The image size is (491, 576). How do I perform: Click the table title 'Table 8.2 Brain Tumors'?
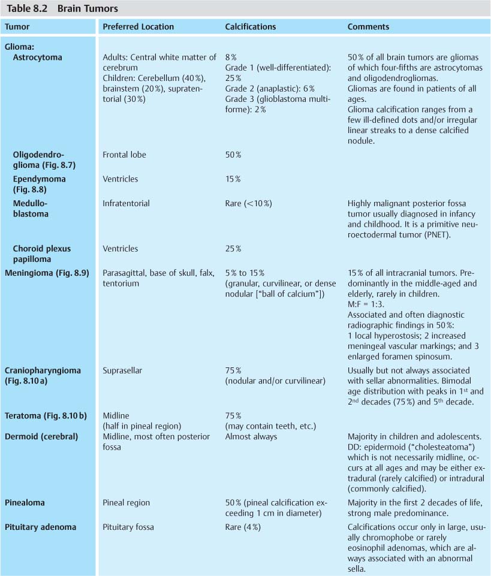(x=62, y=8)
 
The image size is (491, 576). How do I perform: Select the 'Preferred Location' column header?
(x=138, y=27)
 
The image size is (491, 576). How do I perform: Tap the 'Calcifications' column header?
(x=251, y=27)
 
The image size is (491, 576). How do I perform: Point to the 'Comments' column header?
(x=368, y=27)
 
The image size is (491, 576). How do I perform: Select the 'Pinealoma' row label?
(x=25, y=503)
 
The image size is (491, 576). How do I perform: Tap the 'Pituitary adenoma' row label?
(x=40, y=527)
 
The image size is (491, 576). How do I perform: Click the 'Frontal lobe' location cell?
(x=124, y=155)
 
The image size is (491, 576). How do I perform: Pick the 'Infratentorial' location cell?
(x=125, y=203)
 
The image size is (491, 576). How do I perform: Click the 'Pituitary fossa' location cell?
(x=128, y=527)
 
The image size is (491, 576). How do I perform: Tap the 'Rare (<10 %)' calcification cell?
(x=248, y=203)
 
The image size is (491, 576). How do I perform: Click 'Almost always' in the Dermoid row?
(x=251, y=437)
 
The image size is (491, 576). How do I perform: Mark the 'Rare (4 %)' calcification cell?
(x=243, y=527)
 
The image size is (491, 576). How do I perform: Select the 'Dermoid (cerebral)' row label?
(x=41, y=437)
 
